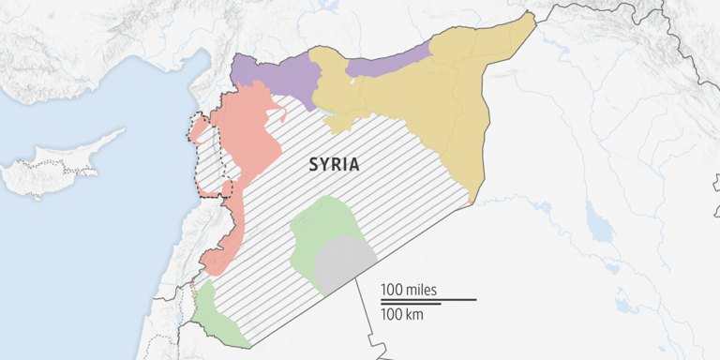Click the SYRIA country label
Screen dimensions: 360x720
tap(334, 164)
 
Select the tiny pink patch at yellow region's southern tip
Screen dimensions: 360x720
tap(471, 199)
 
